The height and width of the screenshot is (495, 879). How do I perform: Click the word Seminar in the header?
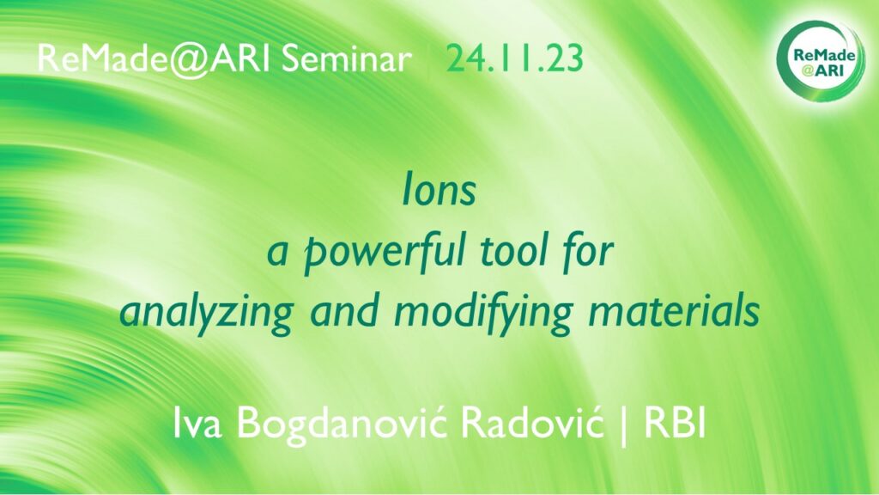(x=347, y=58)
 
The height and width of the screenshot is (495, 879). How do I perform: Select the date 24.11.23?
(x=515, y=58)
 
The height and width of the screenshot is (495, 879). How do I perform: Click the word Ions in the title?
(x=439, y=191)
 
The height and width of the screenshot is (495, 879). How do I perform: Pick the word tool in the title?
(x=516, y=252)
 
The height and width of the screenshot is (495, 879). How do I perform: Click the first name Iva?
(x=197, y=423)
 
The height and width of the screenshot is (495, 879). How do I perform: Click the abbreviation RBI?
(x=675, y=423)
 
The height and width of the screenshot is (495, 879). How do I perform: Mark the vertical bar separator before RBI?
(x=624, y=425)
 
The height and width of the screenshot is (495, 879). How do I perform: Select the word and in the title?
(x=343, y=312)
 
